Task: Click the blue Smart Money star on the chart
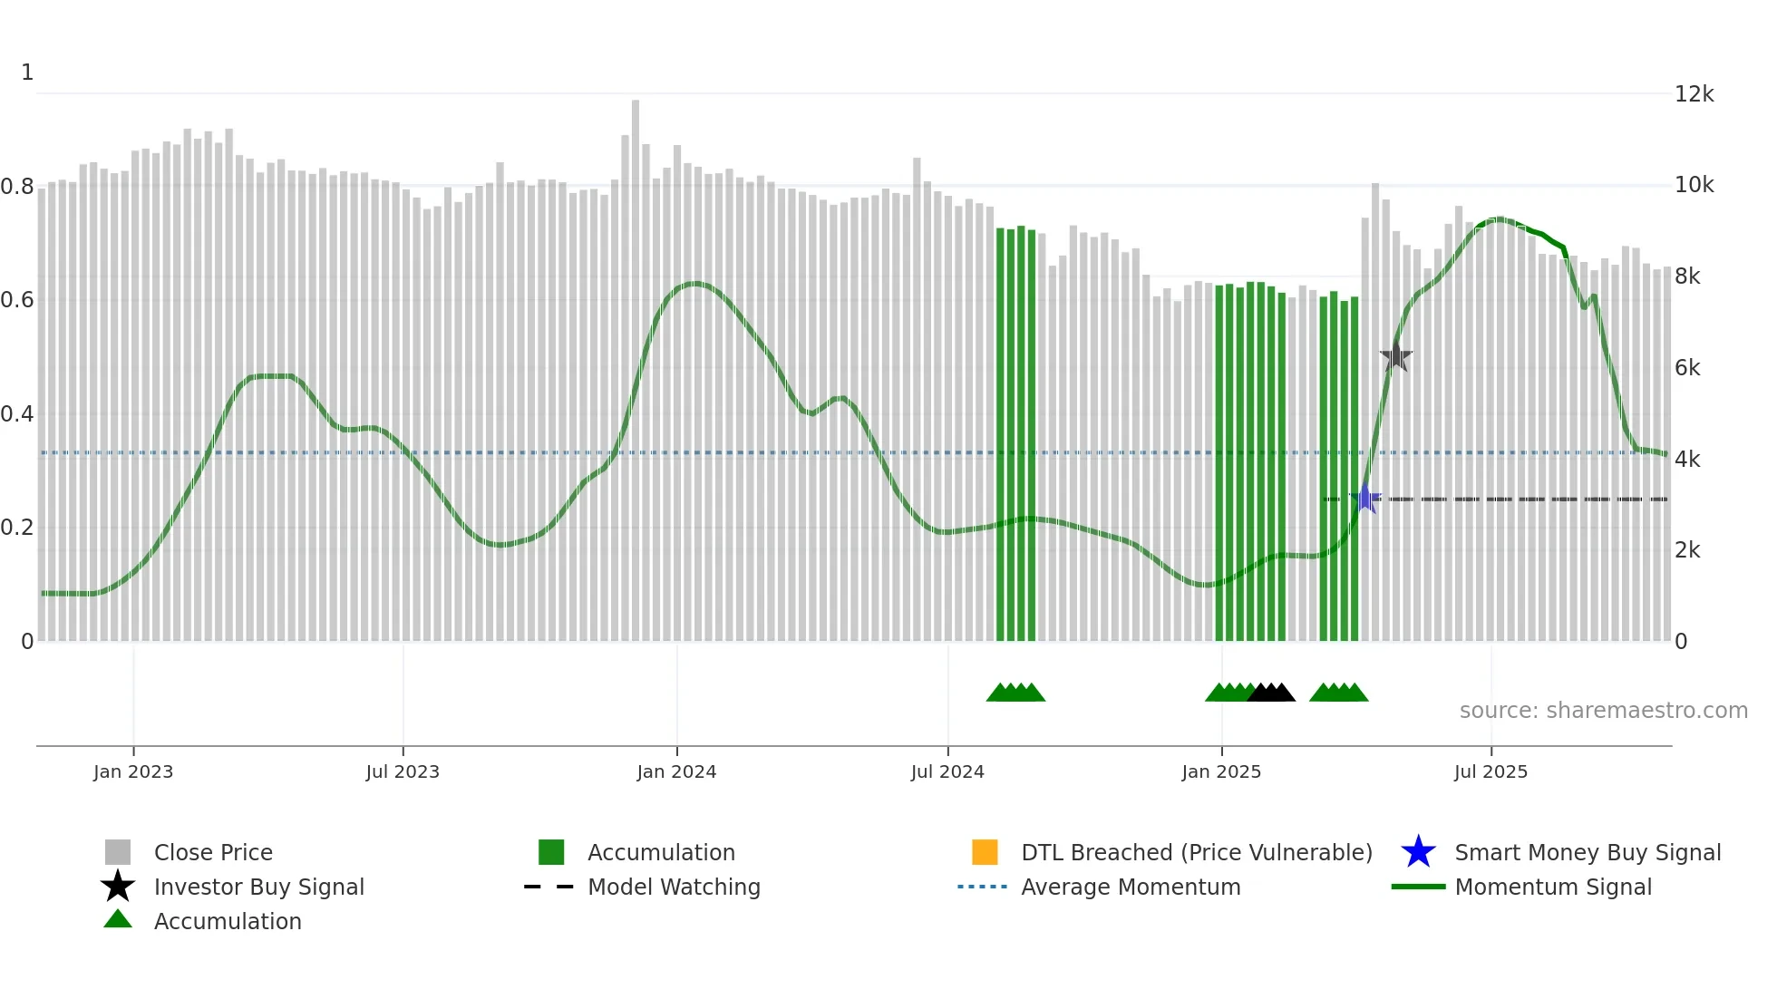(x=1365, y=499)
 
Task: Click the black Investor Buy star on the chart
(x=1396, y=357)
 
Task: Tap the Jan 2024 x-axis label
(x=676, y=772)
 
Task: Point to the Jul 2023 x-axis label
(x=403, y=772)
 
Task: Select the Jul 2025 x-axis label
(x=1491, y=772)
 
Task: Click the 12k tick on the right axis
(x=1694, y=94)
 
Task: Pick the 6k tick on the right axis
(x=1687, y=368)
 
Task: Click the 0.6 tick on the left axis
(x=17, y=300)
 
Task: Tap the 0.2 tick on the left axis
(x=17, y=528)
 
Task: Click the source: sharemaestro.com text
(x=1603, y=711)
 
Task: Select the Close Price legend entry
(x=213, y=853)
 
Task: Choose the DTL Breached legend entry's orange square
(x=985, y=852)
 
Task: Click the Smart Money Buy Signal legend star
(x=1418, y=852)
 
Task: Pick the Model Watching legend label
(x=674, y=887)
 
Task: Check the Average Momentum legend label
(x=1131, y=887)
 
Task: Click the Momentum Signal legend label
(x=1553, y=887)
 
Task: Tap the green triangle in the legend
(x=118, y=919)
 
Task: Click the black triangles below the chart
(x=1271, y=693)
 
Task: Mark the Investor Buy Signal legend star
(x=118, y=887)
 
